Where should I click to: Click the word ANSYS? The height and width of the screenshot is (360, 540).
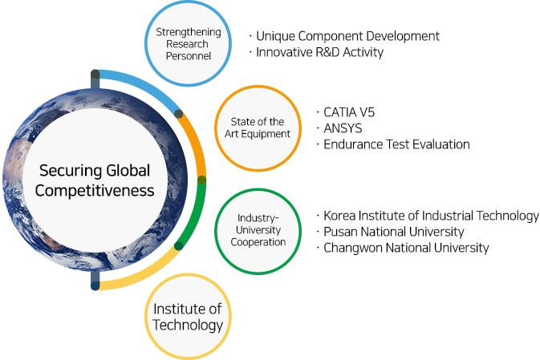(343, 128)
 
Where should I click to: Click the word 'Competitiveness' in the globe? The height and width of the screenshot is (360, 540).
(95, 191)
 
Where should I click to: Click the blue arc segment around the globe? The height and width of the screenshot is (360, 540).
(142, 86)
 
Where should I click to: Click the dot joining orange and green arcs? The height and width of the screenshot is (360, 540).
(202, 180)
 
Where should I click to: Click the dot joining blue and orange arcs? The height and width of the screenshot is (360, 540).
(178, 114)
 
